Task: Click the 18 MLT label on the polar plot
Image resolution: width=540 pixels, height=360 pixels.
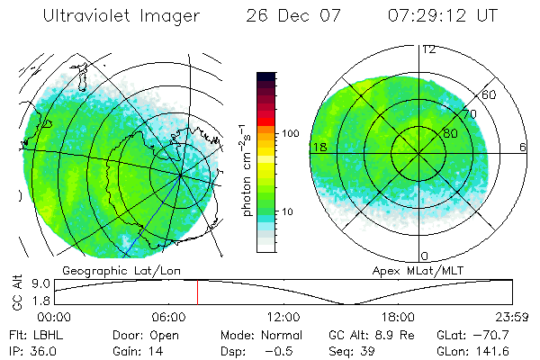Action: coord(319,147)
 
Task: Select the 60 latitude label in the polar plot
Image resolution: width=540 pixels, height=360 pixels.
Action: coord(490,94)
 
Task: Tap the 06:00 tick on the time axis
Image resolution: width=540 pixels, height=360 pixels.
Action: coord(169,318)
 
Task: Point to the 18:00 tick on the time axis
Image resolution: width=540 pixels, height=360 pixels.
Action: coord(398,318)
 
